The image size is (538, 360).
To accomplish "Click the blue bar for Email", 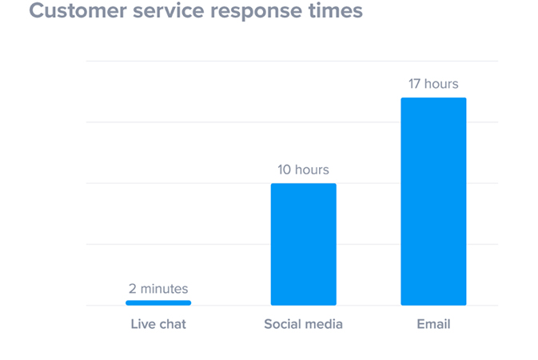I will (433, 201).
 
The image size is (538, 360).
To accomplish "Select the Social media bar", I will (303, 244).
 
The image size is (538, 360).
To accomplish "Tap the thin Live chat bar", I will (158, 302).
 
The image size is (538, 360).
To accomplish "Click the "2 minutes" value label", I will (158, 289).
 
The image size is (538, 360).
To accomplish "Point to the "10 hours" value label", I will (303, 170).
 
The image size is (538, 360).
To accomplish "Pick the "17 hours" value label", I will (433, 84).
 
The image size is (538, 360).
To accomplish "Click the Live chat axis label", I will (158, 325).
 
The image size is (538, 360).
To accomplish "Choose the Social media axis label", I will (303, 325).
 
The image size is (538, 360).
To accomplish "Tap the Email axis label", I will (433, 325).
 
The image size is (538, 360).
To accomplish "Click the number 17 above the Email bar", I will (414, 84).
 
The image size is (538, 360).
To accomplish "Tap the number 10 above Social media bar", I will (285, 170).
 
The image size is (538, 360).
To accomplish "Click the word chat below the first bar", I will (172, 325).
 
